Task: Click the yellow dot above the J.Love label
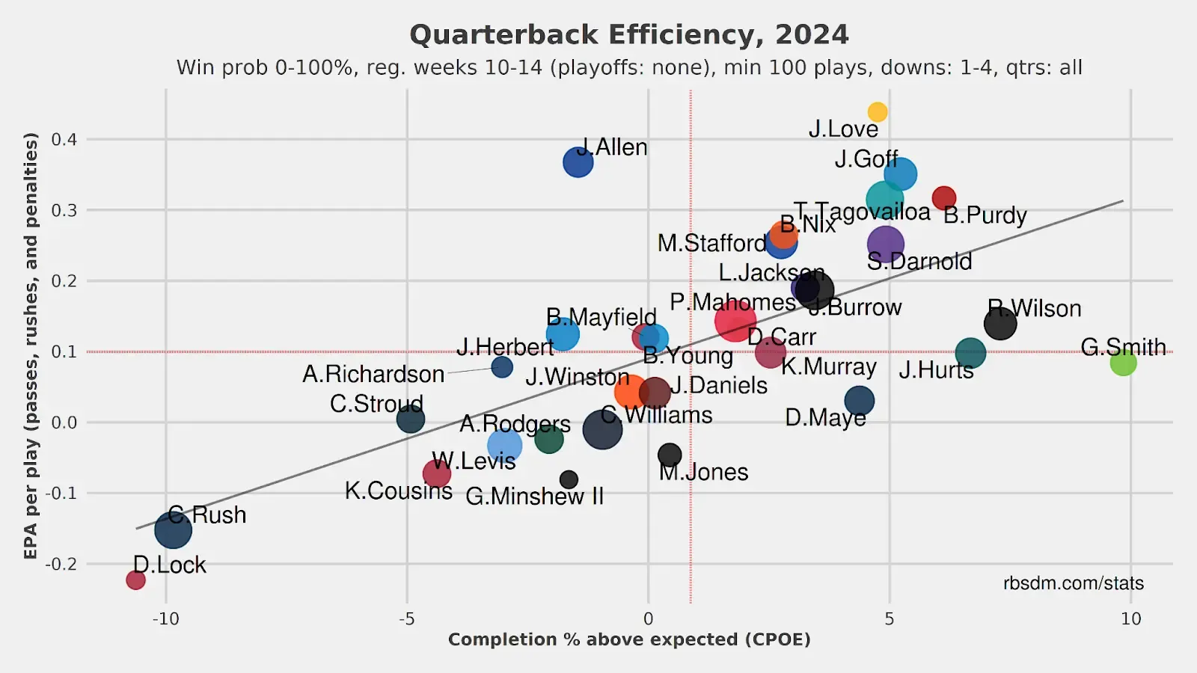click(x=878, y=112)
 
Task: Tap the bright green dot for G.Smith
click(x=1123, y=363)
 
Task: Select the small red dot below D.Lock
click(x=135, y=580)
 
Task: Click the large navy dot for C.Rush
click(x=174, y=529)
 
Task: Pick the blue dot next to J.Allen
click(x=578, y=162)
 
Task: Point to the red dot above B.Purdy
click(x=944, y=198)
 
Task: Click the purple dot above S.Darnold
click(x=886, y=244)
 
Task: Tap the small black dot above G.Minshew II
click(x=569, y=479)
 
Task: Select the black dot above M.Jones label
click(x=670, y=454)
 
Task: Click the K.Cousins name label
click(x=398, y=491)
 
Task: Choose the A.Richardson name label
click(x=373, y=374)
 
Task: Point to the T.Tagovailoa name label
click(x=862, y=212)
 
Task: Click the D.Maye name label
click(x=825, y=417)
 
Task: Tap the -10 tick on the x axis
click(x=165, y=618)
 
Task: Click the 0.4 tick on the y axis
click(x=64, y=139)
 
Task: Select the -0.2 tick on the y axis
click(x=61, y=564)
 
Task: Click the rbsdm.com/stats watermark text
click(x=1073, y=583)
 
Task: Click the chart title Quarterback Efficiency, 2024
click(x=629, y=34)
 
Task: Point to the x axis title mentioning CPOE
click(x=629, y=639)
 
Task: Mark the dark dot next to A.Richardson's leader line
click(x=502, y=367)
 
